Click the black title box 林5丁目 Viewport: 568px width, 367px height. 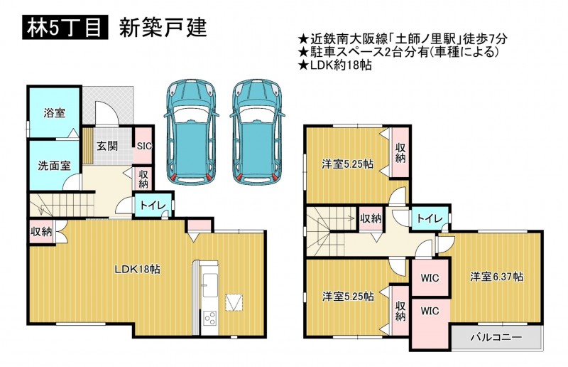point(65,28)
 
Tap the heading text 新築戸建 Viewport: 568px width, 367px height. point(163,28)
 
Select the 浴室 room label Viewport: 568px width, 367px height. point(55,113)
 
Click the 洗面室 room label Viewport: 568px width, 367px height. point(55,166)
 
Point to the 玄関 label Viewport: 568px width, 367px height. point(107,146)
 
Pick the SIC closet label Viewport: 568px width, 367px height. point(144,146)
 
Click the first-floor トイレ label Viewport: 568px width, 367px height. point(153,206)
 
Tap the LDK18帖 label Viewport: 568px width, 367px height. point(138,270)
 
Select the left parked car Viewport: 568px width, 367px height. point(191,132)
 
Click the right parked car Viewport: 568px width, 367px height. point(258,132)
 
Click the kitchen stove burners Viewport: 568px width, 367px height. point(209,319)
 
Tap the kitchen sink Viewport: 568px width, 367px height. point(209,285)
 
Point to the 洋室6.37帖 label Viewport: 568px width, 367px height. point(496,277)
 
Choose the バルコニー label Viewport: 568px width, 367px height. point(496,338)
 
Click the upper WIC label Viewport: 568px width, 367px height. point(430,278)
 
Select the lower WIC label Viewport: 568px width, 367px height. point(430,311)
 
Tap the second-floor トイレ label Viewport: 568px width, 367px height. point(430,218)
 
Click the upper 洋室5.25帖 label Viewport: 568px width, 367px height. point(348,164)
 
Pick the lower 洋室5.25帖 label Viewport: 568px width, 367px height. point(348,297)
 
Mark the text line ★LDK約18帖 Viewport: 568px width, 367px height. point(334,65)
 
